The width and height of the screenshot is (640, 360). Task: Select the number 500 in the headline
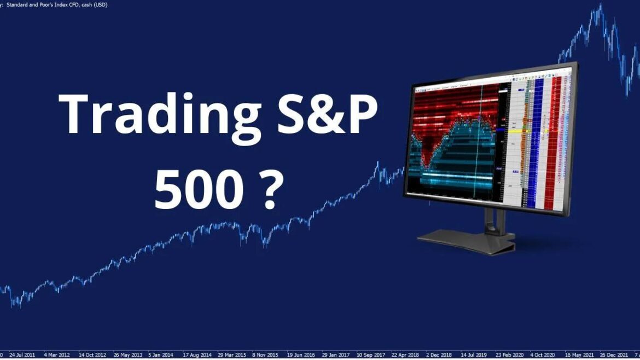(199, 191)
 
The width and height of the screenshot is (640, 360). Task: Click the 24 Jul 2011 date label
(24, 354)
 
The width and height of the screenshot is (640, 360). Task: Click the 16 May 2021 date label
(578, 354)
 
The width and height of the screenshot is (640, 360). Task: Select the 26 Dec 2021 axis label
(613, 354)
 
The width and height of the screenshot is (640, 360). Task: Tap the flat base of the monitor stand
(465, 241)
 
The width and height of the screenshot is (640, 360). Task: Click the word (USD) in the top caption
(100, 4)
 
